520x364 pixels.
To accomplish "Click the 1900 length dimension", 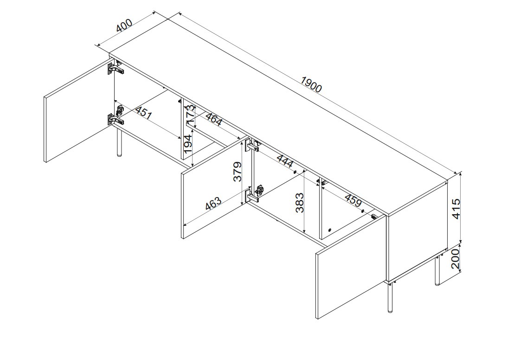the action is point(311,84).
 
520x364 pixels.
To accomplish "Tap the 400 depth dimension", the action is point(124,25).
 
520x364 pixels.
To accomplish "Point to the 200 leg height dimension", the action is point(456,258).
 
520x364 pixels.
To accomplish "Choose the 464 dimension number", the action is point(214,119).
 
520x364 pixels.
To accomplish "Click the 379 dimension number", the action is point(238,172).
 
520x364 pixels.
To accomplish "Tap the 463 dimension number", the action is point(213,203).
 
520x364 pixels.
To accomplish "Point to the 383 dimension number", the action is point(300,202).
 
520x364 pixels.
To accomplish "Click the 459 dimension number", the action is point(353,200).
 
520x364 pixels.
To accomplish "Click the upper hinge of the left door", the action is point(115,68).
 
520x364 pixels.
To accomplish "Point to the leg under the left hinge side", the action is point(118,142).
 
